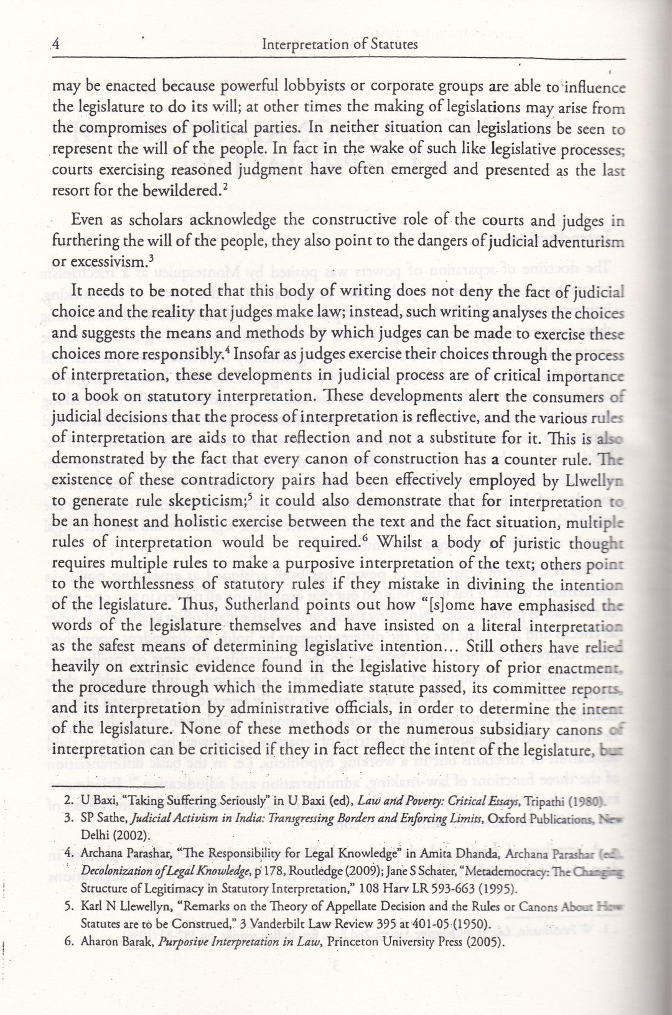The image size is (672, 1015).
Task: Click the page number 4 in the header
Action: pyautogui.click(x=55, y=45)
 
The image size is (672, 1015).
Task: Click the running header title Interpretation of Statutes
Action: pyautogui.click(x=340, y=45)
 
